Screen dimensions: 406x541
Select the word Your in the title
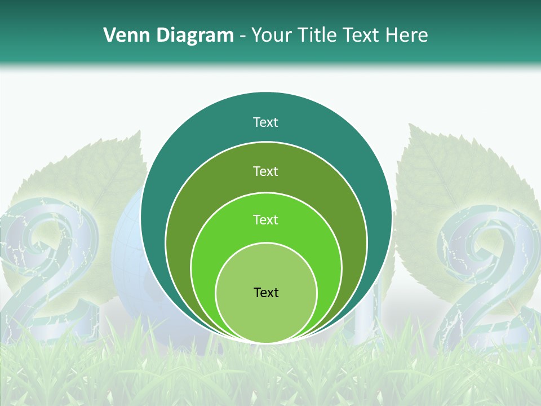tap(273, 36)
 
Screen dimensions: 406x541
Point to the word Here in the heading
tap(406, 36)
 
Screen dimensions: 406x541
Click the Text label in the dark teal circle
tap(265, 122)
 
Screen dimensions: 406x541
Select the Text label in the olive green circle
tap(265, 171)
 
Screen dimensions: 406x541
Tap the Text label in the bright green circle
tap(265, 220)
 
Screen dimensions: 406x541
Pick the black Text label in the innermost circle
tap(266, 292)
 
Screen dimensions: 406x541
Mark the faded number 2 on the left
tap(48, 271)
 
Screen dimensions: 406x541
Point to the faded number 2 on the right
tap(487, 276)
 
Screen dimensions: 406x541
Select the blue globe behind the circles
tap(127, 254)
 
